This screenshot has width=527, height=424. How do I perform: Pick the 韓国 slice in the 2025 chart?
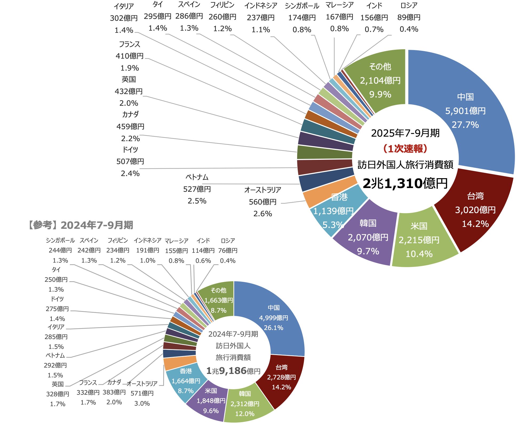pos(368,237)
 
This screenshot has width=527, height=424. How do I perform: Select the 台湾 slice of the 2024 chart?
pos(283,378)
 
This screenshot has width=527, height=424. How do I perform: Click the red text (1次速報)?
pos(405,149)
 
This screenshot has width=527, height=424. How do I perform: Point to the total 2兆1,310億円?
pos(405,183)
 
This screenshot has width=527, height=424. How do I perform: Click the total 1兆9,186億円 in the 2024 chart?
pos(233,371)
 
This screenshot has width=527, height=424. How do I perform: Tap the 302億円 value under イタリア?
pos(124,18)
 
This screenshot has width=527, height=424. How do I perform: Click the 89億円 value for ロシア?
pos(409,17)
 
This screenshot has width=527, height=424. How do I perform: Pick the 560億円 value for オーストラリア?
pos(262,202)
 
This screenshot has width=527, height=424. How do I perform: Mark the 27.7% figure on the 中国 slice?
pos(465,125)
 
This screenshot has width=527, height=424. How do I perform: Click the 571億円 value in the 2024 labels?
pos(142,393)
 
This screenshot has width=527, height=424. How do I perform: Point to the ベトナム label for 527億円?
pos(197,177)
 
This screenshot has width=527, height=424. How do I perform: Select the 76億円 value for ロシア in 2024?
pos(227,251)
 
